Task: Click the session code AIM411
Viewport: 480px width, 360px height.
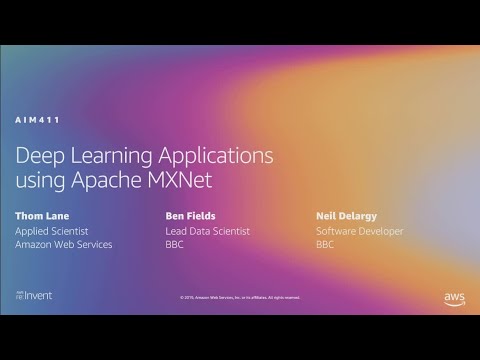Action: (x=38, y=119)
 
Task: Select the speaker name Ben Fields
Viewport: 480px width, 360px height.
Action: (x=190, y=215)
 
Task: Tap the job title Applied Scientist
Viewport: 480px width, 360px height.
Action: (x=56, y=231)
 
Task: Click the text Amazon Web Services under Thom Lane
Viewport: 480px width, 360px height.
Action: (x=64, y=244)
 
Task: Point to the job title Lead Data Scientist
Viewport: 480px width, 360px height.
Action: (x=207, y=231)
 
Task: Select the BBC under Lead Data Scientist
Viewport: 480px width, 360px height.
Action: (x=175, y=244)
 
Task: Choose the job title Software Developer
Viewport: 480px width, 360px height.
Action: (x=359, y=231)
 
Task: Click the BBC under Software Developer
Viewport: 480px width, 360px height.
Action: (x=325, y=244)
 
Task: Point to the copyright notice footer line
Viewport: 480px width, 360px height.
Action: (x=240, y=297)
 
